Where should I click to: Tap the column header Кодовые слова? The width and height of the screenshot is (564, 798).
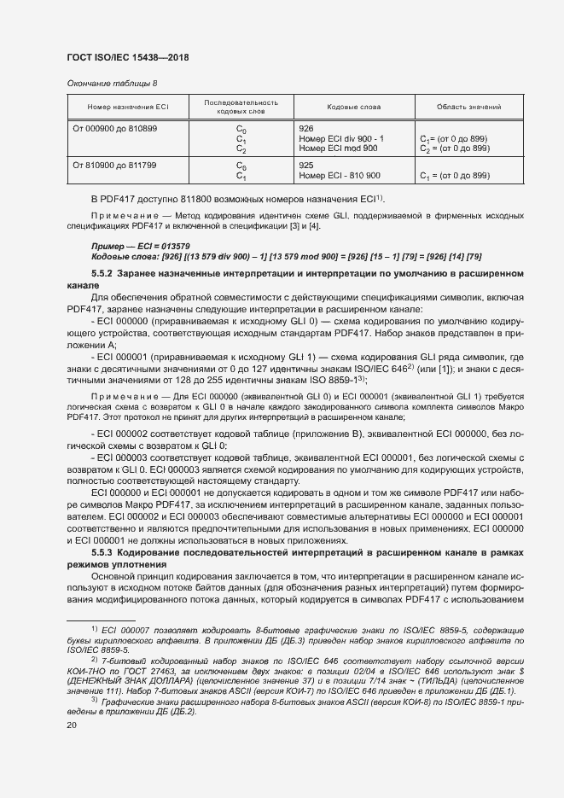348,107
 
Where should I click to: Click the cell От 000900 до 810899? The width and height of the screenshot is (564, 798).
115,128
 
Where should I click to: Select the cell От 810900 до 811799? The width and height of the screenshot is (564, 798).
115,164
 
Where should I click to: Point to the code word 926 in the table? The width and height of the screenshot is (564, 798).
307,128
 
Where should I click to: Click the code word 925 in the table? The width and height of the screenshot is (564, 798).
307,164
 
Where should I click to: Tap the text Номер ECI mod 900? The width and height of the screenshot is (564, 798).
339,149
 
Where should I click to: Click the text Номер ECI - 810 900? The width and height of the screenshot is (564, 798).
340,175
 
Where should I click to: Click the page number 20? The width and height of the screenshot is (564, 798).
72,725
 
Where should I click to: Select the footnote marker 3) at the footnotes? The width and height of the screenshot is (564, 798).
94,699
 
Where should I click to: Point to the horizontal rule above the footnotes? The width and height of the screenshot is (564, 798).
101,620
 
